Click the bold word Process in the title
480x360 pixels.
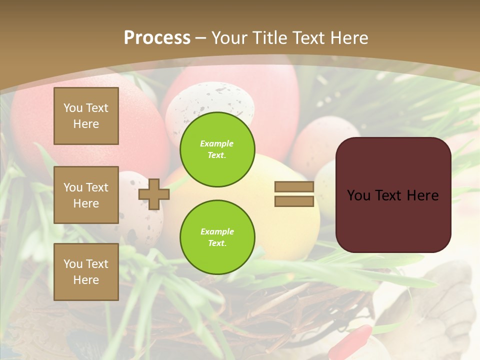157,38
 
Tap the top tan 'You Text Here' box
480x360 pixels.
86,116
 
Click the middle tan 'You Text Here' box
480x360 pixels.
86,195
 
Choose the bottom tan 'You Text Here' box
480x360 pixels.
86,271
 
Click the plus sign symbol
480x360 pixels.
154,194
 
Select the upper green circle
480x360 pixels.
217,149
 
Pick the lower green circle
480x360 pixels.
217,237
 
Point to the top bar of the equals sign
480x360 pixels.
294,187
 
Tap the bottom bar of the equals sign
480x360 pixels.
294,201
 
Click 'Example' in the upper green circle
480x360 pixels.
216,143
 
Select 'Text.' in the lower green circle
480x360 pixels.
216,243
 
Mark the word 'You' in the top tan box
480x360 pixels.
73,108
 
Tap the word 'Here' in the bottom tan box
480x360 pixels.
86,280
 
